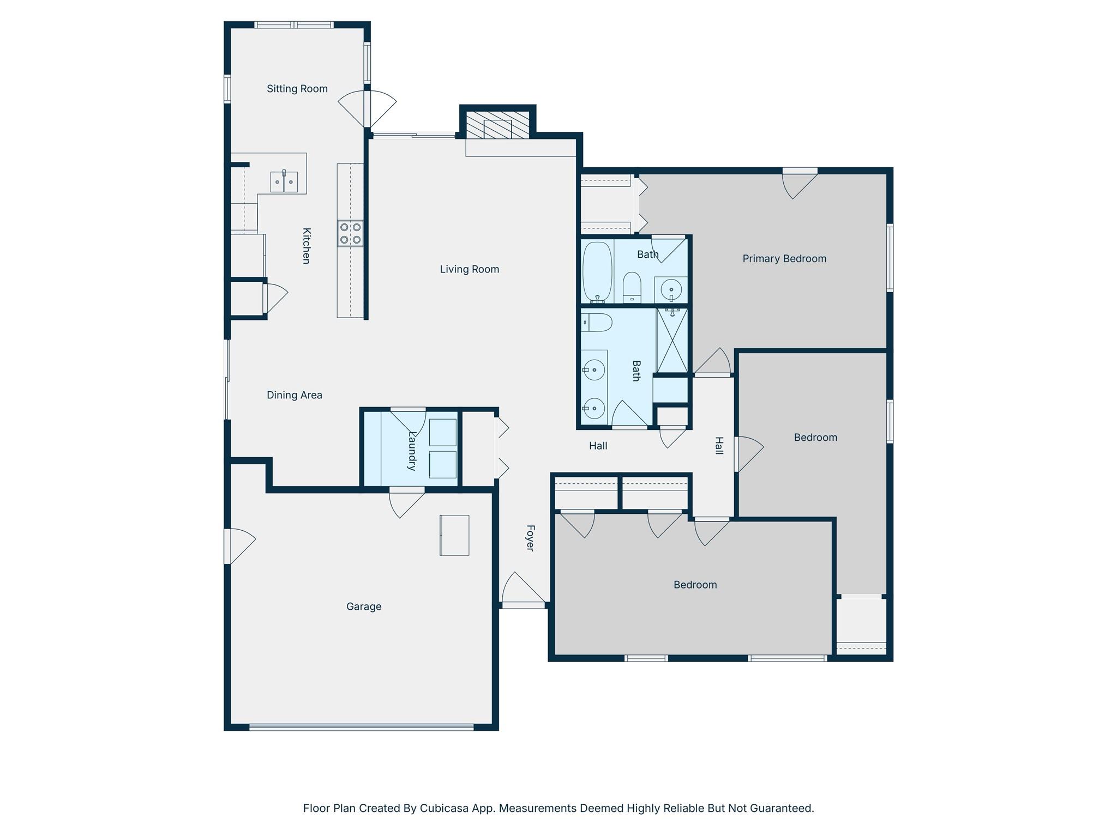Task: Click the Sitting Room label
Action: click(297, 89)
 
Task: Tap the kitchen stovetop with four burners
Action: click(350, 233)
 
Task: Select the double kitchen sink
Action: click(284, 182)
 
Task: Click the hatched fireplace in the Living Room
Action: click(497, 126)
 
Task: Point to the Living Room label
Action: click(469, 269)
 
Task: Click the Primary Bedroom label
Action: click(784, 259)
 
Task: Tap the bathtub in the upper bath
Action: click(597, 271)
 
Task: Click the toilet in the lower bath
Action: click(596, 323)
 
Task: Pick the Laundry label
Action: click(412, 451)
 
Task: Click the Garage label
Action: click(363, 606)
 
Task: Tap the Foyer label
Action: click(530, 538)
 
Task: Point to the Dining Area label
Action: click(294, 395)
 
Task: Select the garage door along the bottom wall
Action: click(361, 726)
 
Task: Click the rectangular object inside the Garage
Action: click(454, 535)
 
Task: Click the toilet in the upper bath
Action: click(632, 286)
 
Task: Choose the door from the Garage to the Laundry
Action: click(406, 501)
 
